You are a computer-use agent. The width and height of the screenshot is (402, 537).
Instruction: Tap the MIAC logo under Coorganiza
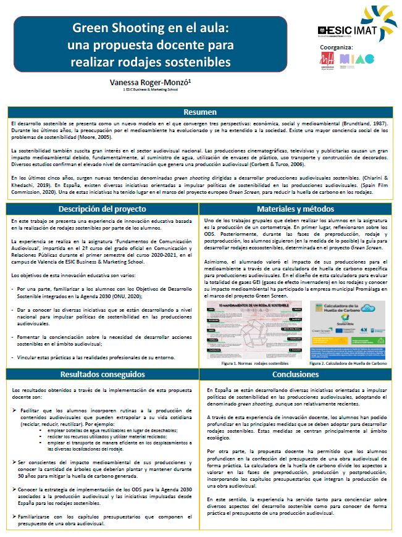[356, 59]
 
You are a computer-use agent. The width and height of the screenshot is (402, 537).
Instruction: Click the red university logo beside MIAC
[326, 59]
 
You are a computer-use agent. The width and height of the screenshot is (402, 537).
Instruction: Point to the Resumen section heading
[200, 112]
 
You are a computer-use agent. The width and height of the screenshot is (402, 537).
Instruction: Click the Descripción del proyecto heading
[103, 209]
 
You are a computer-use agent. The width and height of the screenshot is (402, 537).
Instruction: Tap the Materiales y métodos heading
[295, 209]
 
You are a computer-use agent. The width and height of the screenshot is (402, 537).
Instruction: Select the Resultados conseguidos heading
[103, 374]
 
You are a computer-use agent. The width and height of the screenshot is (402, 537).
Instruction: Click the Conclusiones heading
[295, 374]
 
